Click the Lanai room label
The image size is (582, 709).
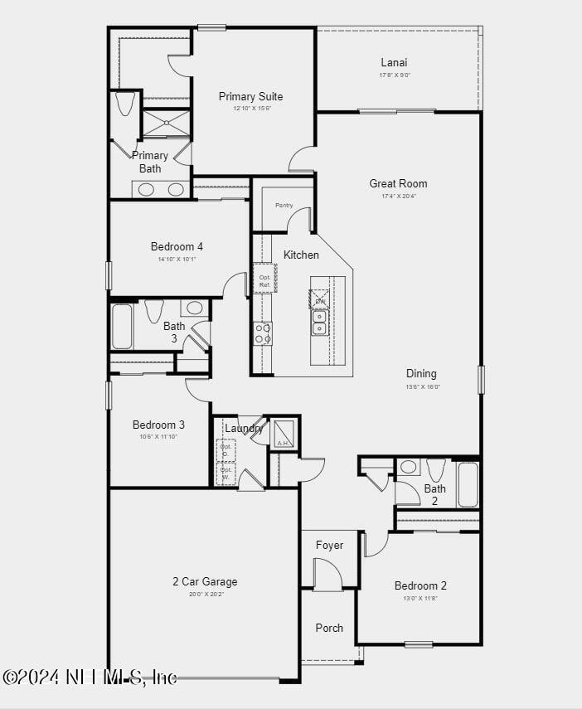[x=394, y=62]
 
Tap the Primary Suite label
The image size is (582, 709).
[x=250, y=96]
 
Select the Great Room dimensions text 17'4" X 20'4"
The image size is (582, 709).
[x=398, y=197]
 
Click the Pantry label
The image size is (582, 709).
[x=284, y=205]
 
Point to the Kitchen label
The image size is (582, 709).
[x=301, y=255]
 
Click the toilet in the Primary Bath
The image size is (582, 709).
[x=125, y=104]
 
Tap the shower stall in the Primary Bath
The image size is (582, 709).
[x=167, y=124]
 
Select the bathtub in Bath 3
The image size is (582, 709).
[x=122, y=326]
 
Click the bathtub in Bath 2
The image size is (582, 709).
[x=468, y=484]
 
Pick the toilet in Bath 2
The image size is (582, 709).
[x=436, y=469]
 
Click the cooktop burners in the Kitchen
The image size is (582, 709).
[x=263, y=333]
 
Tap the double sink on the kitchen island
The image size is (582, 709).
[x=320, y=323]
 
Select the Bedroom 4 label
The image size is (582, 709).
[x=177, y=246]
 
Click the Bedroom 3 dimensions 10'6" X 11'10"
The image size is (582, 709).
[x=158, y=437]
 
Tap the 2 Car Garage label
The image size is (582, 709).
[x=205, y=581]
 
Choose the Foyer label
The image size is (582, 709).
[x=329, y=545]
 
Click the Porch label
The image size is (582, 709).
[x=329, y=628]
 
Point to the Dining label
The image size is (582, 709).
[x=421, y=373]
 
